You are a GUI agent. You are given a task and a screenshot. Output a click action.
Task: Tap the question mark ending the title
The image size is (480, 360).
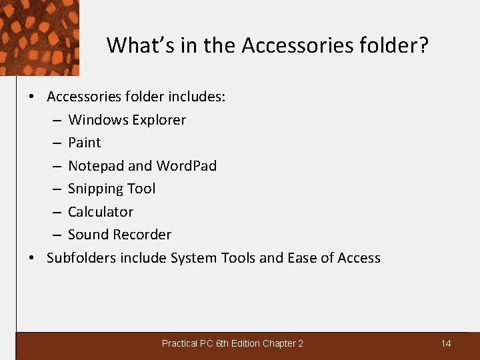tap(423, 45)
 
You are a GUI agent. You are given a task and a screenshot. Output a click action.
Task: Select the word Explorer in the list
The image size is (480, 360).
tap(160, 120)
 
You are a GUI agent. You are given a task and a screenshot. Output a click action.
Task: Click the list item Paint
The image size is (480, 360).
tap(84, 143)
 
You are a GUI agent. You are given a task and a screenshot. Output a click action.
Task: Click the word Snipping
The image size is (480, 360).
tap(96, 189)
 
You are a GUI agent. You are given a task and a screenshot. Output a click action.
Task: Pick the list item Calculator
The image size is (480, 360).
tap(101, 212)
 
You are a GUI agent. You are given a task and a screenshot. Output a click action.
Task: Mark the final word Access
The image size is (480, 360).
tap(358, 258)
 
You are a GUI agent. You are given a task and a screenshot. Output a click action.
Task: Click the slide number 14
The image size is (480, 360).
tap(446, 343)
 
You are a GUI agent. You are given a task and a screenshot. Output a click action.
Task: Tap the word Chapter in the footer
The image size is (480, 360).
tap(279, 343)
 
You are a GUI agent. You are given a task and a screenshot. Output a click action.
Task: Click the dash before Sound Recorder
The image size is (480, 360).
tap(57, 235)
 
